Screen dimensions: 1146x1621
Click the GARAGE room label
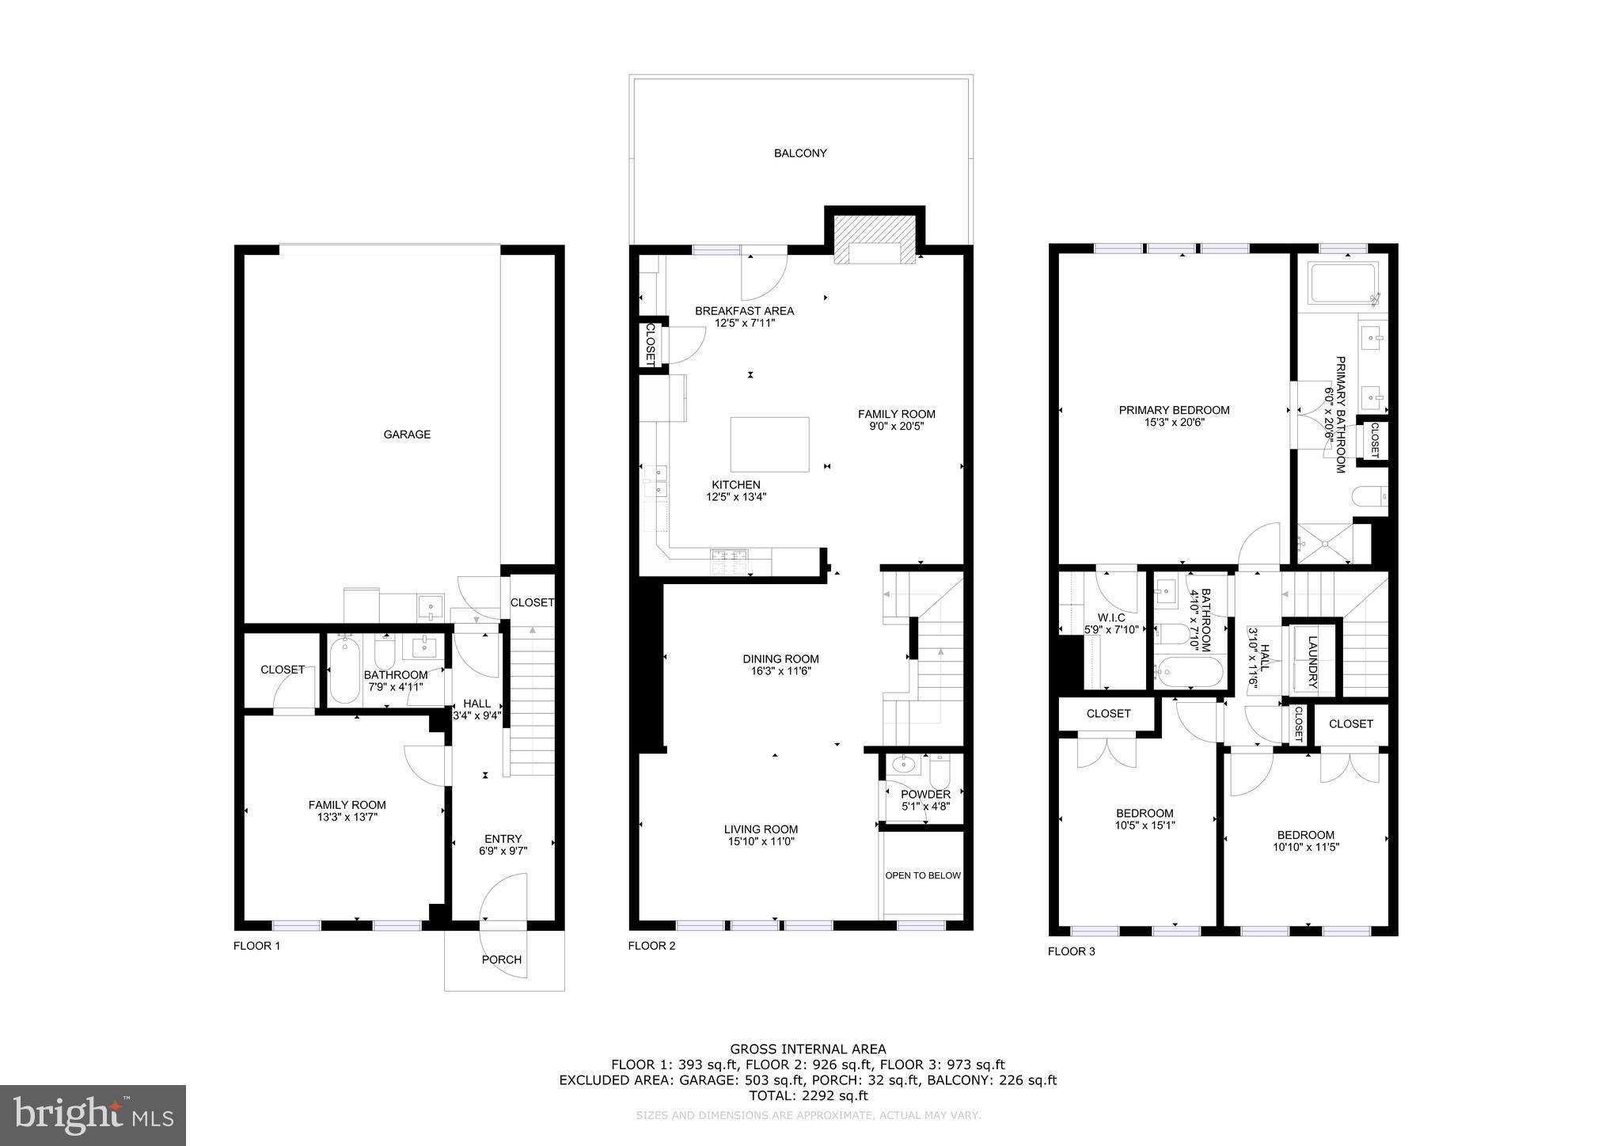click(407, 434)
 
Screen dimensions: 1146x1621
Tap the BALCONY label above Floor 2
click(800, 153)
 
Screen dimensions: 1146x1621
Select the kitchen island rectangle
click(769, 444)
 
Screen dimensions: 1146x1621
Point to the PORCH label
click(502, 959)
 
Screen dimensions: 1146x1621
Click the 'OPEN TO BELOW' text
click(922, 875)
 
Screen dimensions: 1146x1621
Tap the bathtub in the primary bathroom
click(1343, 284)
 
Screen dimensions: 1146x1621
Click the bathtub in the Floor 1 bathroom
click(344, 672)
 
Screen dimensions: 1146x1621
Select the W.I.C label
click(1110, 617)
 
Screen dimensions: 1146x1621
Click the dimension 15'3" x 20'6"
click(1174, 423)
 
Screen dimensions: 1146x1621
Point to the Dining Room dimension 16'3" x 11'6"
click(780, 671)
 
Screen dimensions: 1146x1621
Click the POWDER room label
click(925, 794)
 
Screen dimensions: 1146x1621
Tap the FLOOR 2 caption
click(651, 945)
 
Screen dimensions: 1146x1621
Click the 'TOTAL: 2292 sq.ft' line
click(807, 1095)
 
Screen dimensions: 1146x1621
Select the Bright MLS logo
click(93, 1114)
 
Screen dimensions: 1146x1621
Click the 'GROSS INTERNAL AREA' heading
click(807, 1049)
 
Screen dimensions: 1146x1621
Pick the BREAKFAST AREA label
click(744, 310)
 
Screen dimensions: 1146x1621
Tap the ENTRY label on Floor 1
click(503, 838)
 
